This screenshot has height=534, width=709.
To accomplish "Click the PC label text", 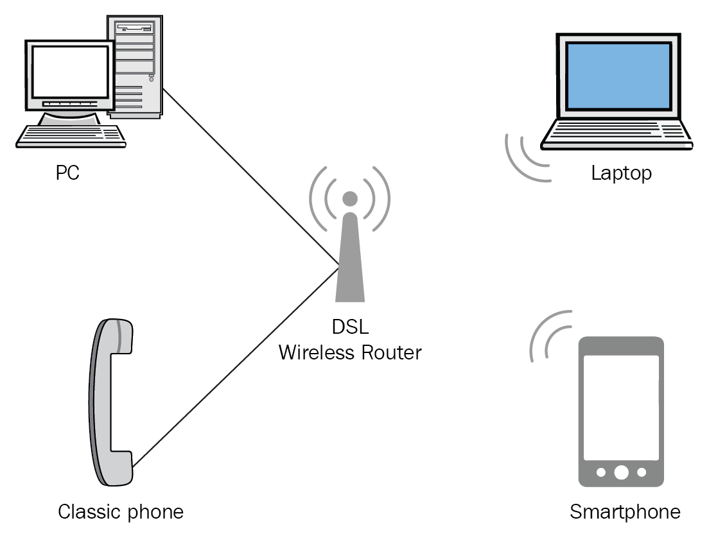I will [x=67, y=173].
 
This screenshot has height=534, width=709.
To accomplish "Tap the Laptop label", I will [x=621, y=173].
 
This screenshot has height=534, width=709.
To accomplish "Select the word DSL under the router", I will [x=350, y=327].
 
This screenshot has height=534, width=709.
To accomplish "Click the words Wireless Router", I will [x=350, y=352].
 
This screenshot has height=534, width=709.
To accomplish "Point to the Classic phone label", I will [x=121, y=512].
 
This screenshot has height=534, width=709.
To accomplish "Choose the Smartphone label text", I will [x=625, y=512].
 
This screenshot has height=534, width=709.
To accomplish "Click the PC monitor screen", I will [x=69, y=72].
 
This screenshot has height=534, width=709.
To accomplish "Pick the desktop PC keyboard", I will [x=71, y=135].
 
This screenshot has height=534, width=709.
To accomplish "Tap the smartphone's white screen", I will [x=620, y=404].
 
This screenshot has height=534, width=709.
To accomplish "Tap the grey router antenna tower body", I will [x=350, y=263].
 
